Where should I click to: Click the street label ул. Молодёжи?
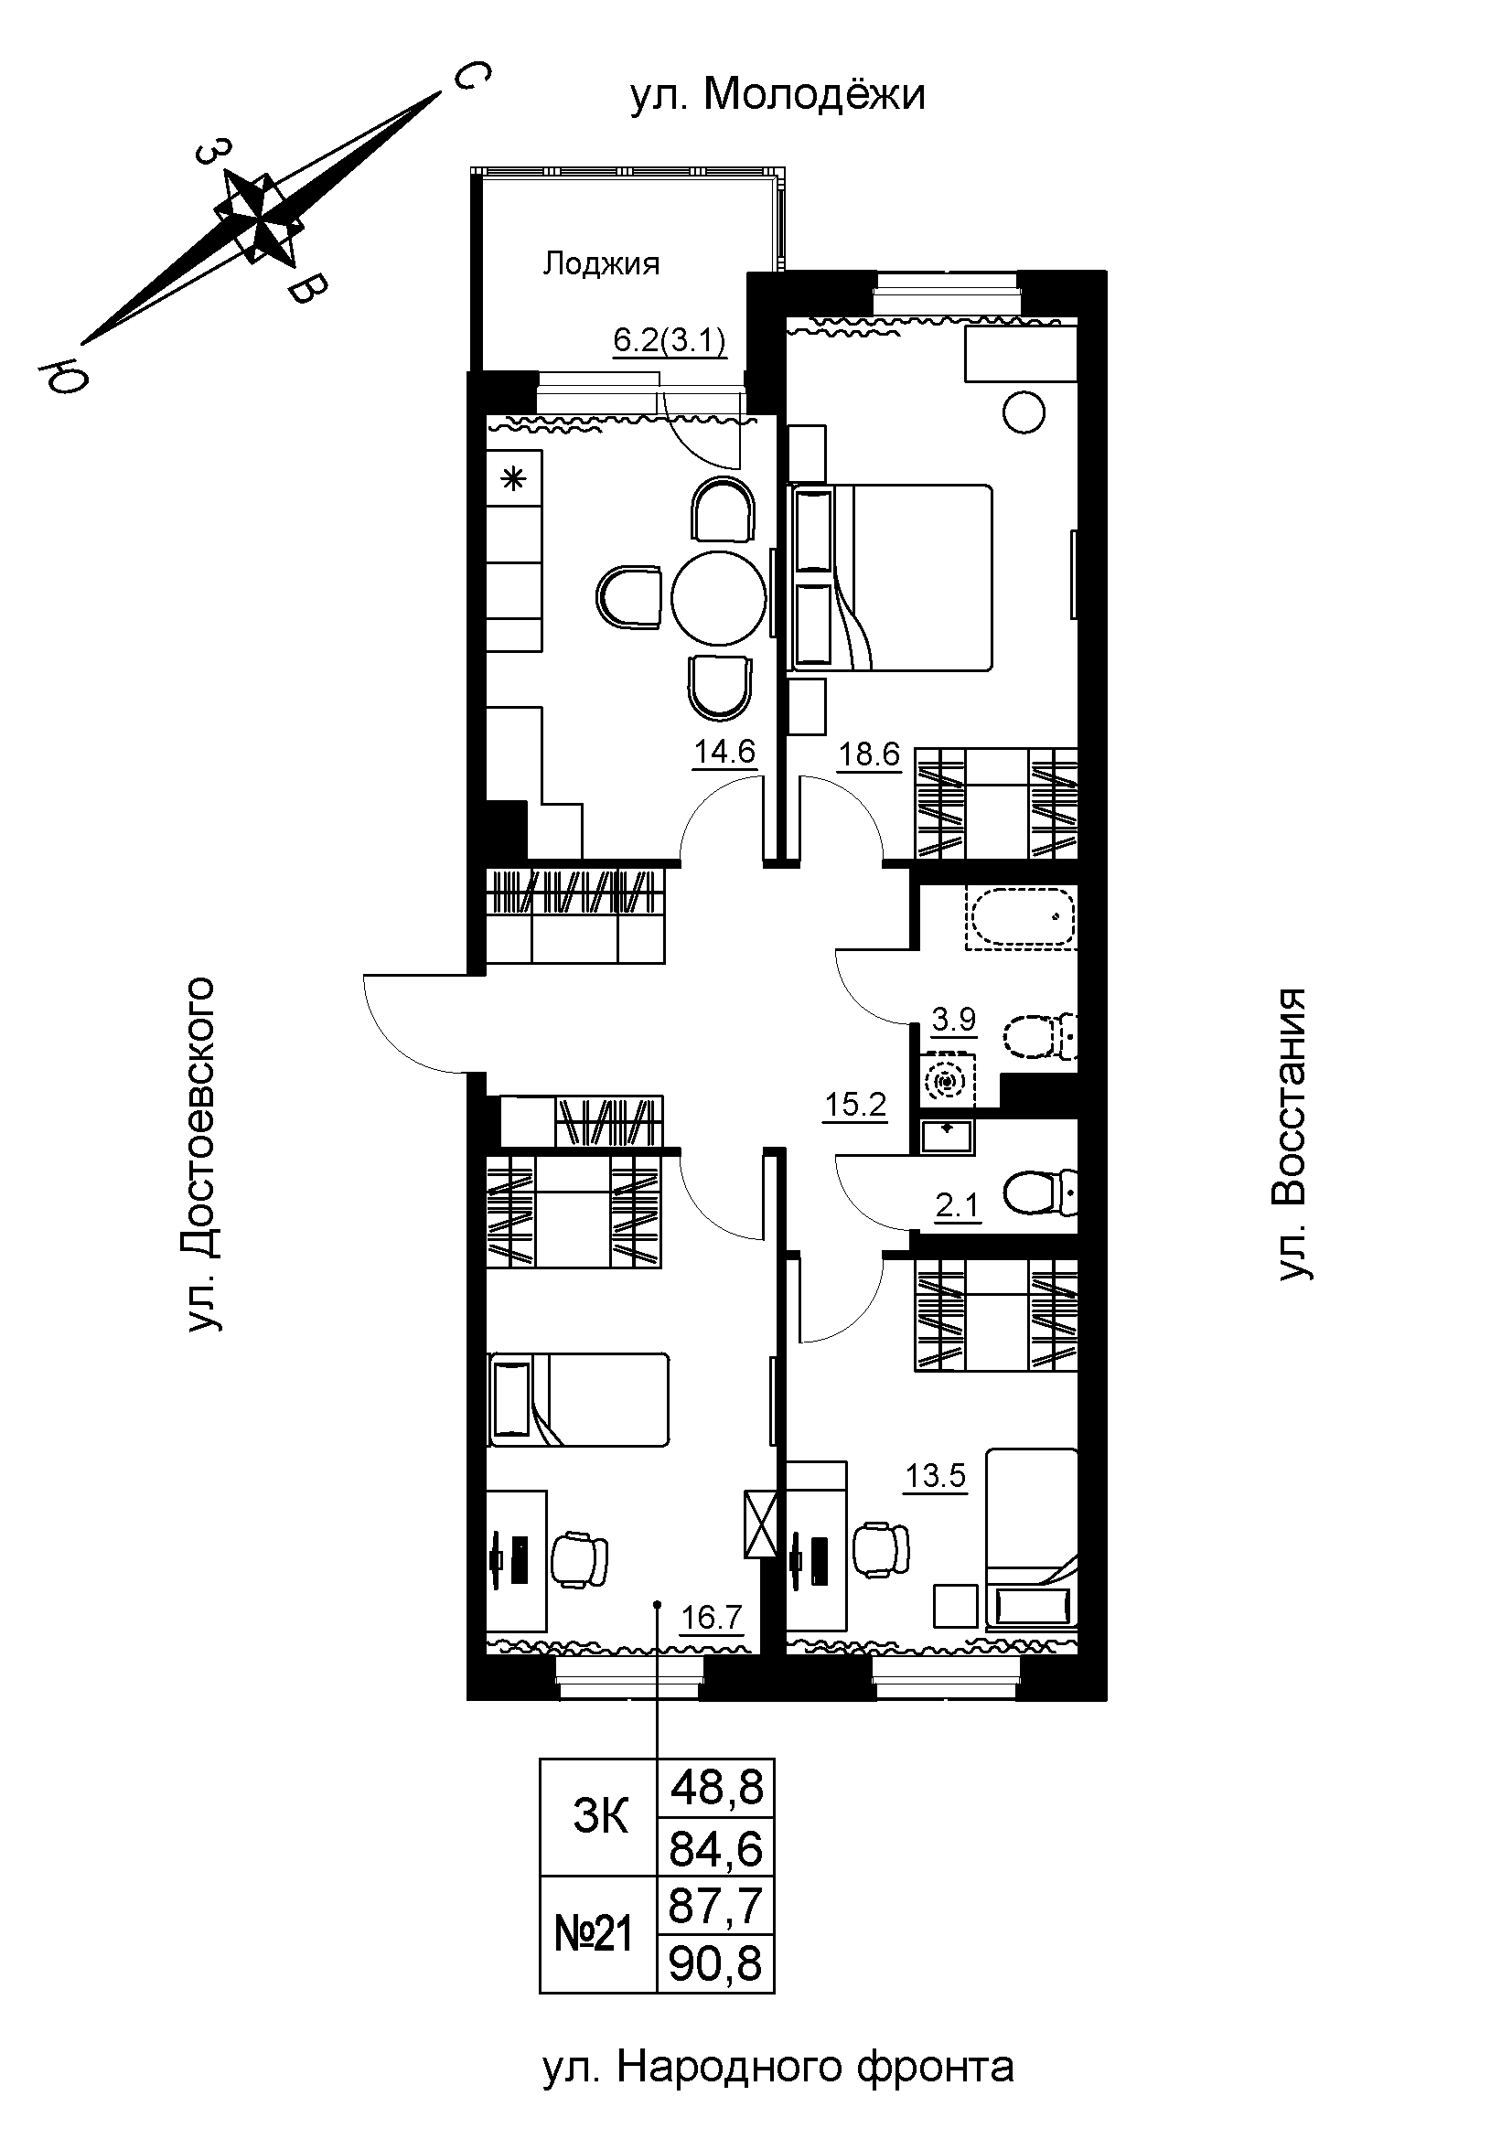(x=777, y=94)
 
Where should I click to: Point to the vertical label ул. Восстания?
(x=1292, y=1135)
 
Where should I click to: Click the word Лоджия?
(x=601, y=265)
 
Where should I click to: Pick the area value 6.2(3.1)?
(x=670, y=341)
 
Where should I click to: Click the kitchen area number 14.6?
(x=724, y=751)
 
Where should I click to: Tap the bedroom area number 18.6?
(x=869, y=754)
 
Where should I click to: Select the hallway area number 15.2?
(x=855, y=1105)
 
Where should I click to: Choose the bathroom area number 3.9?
(x=955, y=1019)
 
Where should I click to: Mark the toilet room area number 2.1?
(x=958, y=1206)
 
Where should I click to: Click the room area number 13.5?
(x=937, y=1476)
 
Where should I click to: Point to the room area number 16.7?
(x=712, y=1616)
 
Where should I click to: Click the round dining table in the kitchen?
(x=717, y=597)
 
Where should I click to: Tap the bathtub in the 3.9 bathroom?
(x=1022, y=916)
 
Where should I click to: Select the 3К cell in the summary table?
(x=600, y=1817)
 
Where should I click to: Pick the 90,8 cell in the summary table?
(x=716, y=1963)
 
